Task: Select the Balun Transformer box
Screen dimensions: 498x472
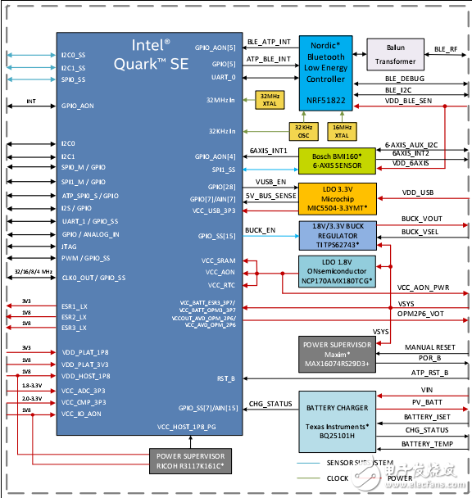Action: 395,55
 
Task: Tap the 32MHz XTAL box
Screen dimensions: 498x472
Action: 268,99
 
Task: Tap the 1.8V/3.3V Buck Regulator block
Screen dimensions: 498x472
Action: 334,233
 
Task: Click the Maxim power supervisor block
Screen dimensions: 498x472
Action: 335,351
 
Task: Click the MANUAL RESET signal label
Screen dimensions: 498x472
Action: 430,347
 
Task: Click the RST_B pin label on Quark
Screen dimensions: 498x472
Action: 226,378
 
